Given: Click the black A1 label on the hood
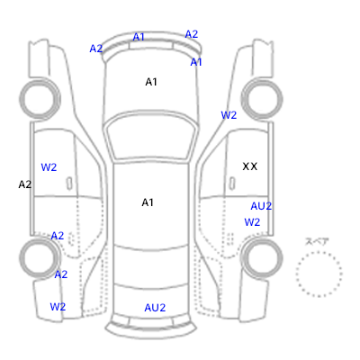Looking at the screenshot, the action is [151, 82].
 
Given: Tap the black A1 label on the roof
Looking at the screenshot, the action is [148, 202].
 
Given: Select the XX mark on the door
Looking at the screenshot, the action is [250, 166].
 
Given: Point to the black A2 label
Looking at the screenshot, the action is [25, 184].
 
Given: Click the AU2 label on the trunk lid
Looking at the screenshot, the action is [155, 308].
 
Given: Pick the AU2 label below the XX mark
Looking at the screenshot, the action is [261, 206].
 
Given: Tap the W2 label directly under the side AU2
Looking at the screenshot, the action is [252, 222].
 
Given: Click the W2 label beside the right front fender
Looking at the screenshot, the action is [229, 115].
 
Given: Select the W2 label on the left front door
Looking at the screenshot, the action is [49, 167].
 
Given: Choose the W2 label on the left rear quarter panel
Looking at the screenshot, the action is [58, 307].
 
